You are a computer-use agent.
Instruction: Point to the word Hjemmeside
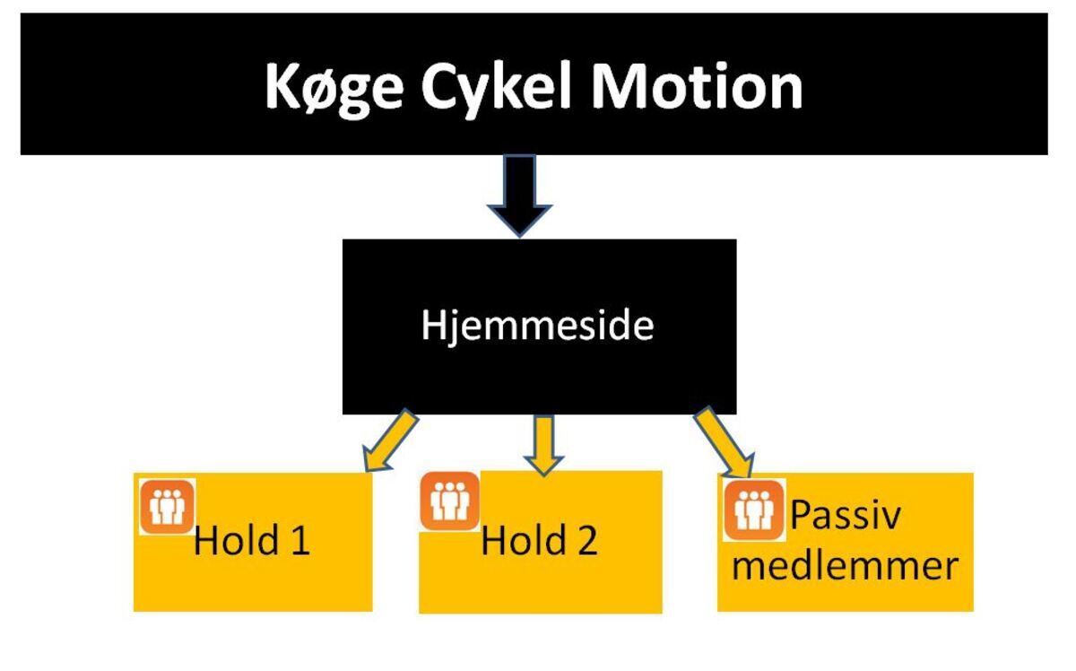coord(538,327)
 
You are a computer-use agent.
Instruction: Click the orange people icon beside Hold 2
coord(450,501)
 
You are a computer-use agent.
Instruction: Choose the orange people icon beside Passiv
coord(753,510)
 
